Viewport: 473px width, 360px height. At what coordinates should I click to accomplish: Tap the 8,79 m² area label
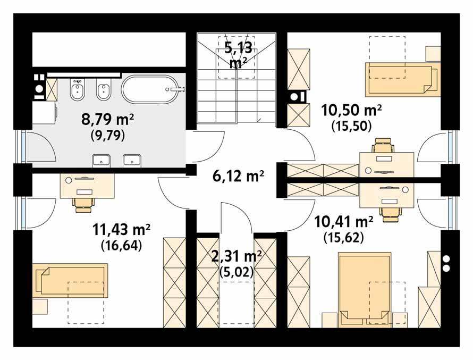click(107, 119)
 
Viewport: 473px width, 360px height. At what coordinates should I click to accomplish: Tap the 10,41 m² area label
click(343, 220)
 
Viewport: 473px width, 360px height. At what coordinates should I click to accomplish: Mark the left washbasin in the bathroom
click(101, 160)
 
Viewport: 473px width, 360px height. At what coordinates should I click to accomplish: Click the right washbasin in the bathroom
click(132, 160)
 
